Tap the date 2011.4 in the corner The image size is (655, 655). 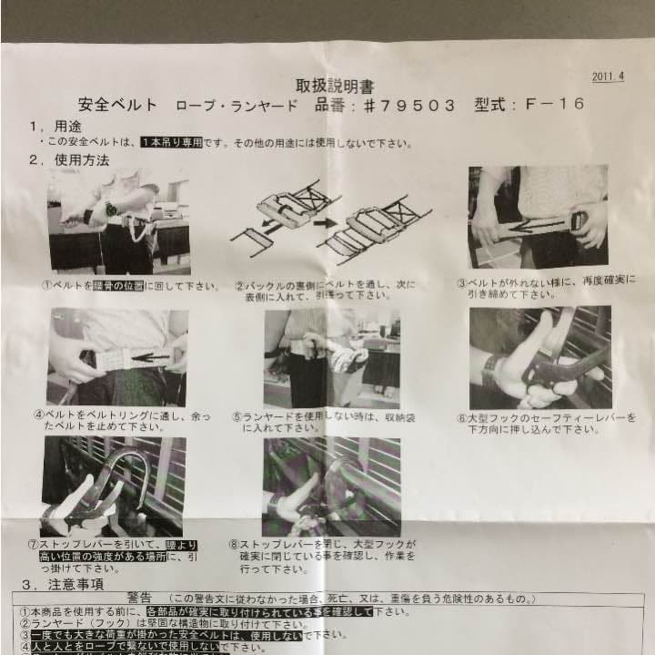click(x=609, y=77)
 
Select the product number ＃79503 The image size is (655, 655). click(x=401, y=105)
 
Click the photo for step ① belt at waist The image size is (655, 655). click(x=118, y=220)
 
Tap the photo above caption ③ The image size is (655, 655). click(x=538, y=218)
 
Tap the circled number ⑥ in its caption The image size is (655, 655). click(x=462, y=419)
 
